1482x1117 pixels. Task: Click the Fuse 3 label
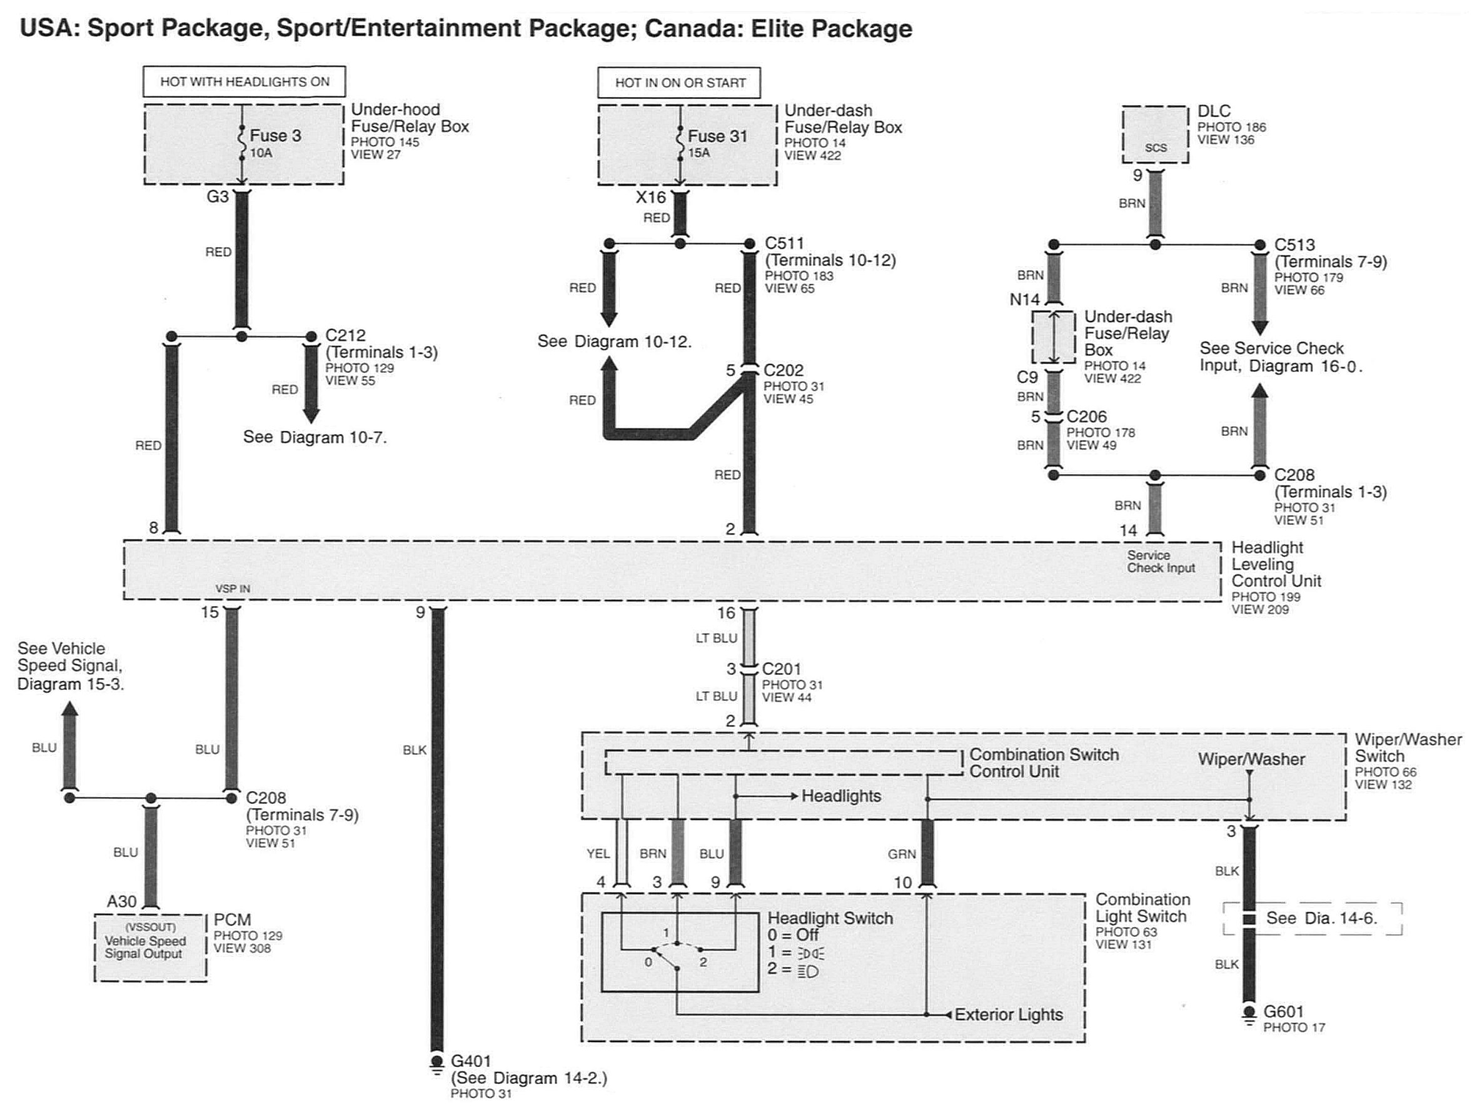click(x=275, y=135)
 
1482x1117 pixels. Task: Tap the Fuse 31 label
click(x=717, y=136)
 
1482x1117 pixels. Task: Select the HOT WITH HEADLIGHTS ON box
click(x=244, y=82)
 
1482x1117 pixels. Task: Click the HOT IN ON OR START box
click(x=679, y=83)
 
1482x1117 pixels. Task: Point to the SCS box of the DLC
click(x=1156, y=134)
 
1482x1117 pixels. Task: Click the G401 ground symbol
click(x=437, y=1064)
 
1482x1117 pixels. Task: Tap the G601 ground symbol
click(x=1249, y=1014)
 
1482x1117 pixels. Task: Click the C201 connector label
click(x=781, y=669)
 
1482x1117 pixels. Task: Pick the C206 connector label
click(x=1087, y=417)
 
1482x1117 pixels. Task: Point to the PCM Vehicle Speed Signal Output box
click(x=150, y=948)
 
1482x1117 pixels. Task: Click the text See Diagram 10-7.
click(x=315, y=438)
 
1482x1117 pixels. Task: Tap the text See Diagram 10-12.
click(x=614, y=341)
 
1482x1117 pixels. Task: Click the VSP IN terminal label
click(x=233, y=589)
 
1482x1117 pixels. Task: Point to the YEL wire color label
click(x=598, y=854)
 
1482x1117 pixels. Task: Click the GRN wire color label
click(x=902, y=854)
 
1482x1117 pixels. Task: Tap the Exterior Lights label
click(x=1008, y=1014)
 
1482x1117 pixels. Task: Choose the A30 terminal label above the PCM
click(x=121, y=902)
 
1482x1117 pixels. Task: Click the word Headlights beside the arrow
click(x=841, y=796)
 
